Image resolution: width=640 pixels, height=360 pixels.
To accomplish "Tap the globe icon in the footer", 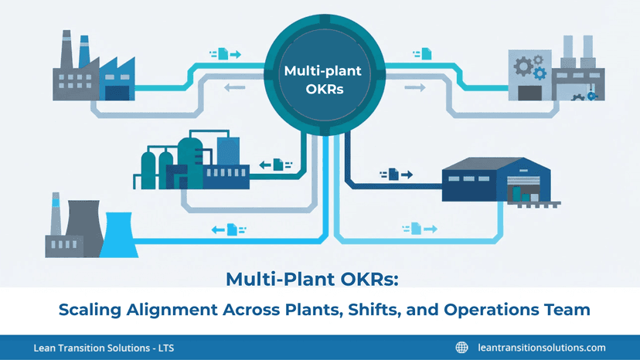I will [462, 348].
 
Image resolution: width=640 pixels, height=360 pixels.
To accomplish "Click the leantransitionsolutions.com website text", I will [542, 348].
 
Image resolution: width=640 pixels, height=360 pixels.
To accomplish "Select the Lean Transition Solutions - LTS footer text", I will [104, 348].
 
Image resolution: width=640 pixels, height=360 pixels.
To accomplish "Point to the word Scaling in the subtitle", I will [95, 310].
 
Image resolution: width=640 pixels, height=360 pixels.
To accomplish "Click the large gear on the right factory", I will [523, 69].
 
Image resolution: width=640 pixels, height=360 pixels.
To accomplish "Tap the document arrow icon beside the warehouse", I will [396, 175].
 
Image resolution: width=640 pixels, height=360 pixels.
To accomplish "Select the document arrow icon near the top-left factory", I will [225, 54].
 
